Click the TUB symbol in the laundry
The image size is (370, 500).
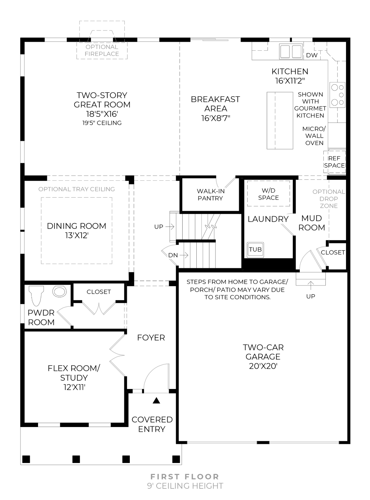[255, 250]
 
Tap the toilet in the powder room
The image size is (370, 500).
[36, 295]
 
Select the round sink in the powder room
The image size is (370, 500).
[59, 292]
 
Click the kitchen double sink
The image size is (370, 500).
[291, 51]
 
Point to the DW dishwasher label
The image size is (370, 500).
[311, 55]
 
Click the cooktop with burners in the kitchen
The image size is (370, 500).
[337, 94]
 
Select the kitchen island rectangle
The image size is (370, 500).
[280, 120]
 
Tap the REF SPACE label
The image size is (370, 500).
[334, 162]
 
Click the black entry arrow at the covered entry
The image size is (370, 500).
[157, 400]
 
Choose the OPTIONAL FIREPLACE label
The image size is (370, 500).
[102, 50]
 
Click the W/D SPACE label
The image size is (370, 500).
[269, 194]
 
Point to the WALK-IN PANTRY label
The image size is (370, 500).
[210, 195]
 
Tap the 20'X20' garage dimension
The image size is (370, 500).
[263, 366]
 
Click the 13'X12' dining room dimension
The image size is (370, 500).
[76, 235]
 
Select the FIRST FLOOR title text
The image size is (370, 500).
[185, 476]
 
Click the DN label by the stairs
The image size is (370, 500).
[173, 255]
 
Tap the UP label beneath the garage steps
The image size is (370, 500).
[310, 296]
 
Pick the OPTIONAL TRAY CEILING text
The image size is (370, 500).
[76, 189]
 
